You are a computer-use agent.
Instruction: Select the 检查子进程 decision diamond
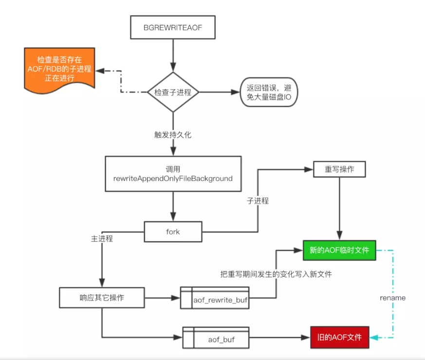tap(173, 92)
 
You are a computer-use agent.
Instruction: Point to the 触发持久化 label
tap(173, 134)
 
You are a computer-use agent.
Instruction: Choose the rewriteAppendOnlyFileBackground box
tap(173, 174)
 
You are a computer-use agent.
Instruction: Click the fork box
tap(173, 231)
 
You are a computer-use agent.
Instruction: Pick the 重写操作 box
tap(339, 169)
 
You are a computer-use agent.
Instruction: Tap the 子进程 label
tap(258, 200)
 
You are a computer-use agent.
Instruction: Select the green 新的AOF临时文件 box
tap(339, 250)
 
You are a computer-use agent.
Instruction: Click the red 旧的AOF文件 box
tap(339, 336)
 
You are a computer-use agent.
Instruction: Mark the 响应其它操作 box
tap(102, 297)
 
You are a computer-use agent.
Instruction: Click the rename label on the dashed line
tap(392, 297)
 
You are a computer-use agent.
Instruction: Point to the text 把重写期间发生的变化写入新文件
tap(276, 274)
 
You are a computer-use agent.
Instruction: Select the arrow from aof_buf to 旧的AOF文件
tap(280, 337)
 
